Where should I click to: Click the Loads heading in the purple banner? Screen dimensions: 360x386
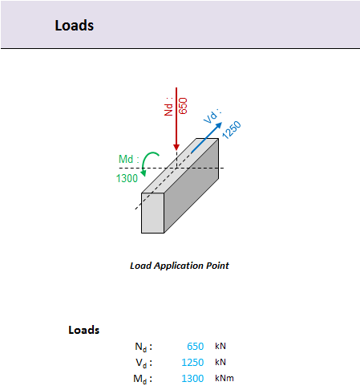point(75,26)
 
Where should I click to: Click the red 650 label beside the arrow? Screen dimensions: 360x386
point(183,106)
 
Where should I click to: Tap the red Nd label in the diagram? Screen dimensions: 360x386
point(168,107)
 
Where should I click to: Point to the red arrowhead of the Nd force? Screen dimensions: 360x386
point(176,147)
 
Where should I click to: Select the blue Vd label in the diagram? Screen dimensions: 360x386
point(212,116)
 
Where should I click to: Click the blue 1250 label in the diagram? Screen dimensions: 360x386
point(232,130)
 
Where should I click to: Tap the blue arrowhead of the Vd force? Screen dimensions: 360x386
point(218,126)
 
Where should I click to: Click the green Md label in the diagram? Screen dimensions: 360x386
point(129,159)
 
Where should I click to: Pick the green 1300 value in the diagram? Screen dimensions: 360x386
point(127,178)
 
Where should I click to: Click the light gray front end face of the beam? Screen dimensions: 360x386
point(152,213)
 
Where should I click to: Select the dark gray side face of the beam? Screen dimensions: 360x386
point(192,185)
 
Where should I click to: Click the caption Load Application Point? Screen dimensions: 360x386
point(180,266)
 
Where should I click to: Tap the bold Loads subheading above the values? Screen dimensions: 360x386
point(84,330)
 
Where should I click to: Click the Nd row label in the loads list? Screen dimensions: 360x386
point(144,347)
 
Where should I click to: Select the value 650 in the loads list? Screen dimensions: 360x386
point(196,347)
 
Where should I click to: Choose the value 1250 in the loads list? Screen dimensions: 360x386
point(192,363)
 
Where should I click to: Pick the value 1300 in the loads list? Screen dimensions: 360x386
point(192,379)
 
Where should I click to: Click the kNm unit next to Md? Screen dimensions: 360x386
point(224,378)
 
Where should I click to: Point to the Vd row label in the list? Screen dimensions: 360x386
point(144,363)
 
